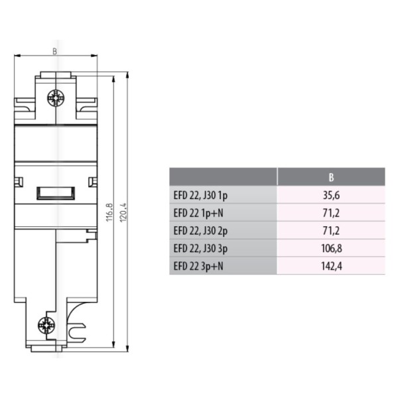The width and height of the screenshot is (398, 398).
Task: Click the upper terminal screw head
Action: pos(56,98)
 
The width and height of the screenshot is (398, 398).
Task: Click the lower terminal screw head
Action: pos(46,326)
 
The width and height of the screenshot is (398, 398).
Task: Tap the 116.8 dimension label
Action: pos(109,212)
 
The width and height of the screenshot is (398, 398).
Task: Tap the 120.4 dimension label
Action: pos(123,212)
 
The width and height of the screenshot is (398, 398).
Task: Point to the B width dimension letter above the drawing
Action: pos(54,51)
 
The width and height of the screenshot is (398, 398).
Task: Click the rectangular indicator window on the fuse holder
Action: pos(56,194)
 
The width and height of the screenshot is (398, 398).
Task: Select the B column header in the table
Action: pos(331,177)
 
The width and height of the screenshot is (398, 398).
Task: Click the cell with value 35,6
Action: pos(331,195)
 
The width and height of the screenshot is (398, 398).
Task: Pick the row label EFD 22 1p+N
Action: pos(198,213)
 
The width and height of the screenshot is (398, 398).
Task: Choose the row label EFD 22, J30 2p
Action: pos(200,231)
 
